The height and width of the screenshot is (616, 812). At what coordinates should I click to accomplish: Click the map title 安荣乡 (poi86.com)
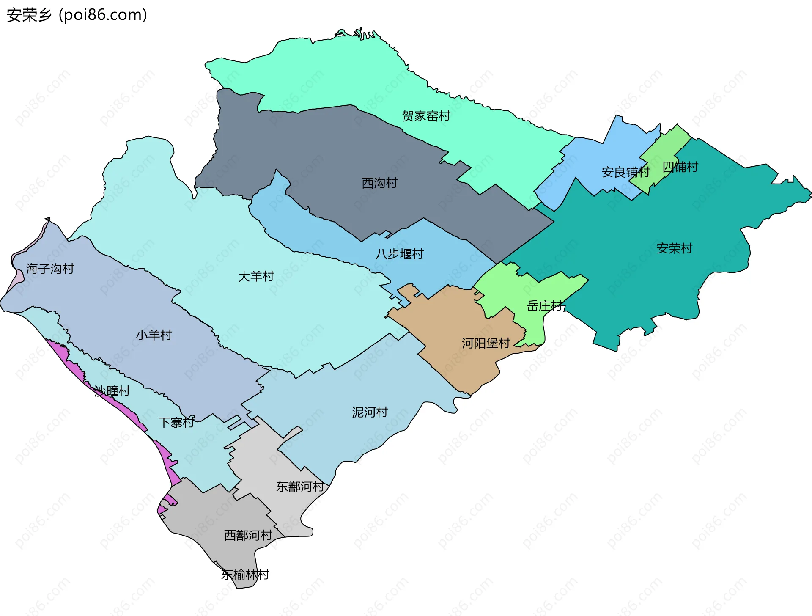(x=77, y=15)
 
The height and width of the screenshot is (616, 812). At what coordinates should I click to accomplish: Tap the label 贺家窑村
(x=426, y=116)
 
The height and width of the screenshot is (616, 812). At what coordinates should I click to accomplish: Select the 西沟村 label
(x=379, y=183)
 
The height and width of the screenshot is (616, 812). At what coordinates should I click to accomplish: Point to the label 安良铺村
(x=625, y=172)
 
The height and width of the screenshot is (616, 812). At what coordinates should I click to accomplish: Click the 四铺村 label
(x=680, y=167)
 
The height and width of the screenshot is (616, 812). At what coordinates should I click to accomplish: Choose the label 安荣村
(x=674, y=248)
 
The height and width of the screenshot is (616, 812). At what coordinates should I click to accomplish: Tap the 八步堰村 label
(x=399, y=254)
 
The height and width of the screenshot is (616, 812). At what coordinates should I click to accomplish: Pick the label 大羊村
(x=256, y=277)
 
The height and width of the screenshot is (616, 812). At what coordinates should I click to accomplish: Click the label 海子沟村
(x=50, y=269)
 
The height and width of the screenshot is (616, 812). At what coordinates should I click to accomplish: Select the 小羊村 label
(x=154, y=335)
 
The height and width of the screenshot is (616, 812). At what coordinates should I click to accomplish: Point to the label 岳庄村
(x=544, y=305)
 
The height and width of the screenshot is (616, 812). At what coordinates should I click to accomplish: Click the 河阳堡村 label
(x=486, y=343)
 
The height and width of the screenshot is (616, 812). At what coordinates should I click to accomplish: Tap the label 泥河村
(x=370, y=412)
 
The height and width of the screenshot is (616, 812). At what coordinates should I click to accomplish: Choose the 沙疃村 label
(x=112, y=391)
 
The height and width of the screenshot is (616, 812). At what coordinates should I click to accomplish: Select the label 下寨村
(x=176, y=422)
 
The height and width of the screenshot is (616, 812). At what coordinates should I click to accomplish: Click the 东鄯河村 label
(x=300, y=487)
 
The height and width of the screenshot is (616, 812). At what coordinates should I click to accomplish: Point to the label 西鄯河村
(x=248, y=535)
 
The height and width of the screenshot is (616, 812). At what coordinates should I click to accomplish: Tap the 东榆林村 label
(x=245, y=575)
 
